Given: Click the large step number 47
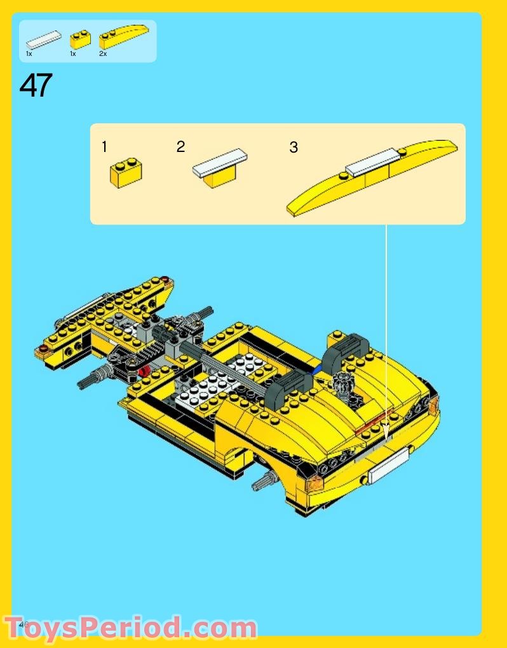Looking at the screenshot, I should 36,86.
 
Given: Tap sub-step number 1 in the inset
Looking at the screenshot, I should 104,148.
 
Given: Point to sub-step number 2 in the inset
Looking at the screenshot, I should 180,148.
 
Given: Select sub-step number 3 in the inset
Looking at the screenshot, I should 293,148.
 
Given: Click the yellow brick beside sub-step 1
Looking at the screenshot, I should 126,172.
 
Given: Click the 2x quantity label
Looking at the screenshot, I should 103,54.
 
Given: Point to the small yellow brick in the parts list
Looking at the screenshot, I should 80,39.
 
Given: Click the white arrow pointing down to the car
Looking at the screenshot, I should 386,331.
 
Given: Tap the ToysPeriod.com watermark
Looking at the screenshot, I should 130,628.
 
